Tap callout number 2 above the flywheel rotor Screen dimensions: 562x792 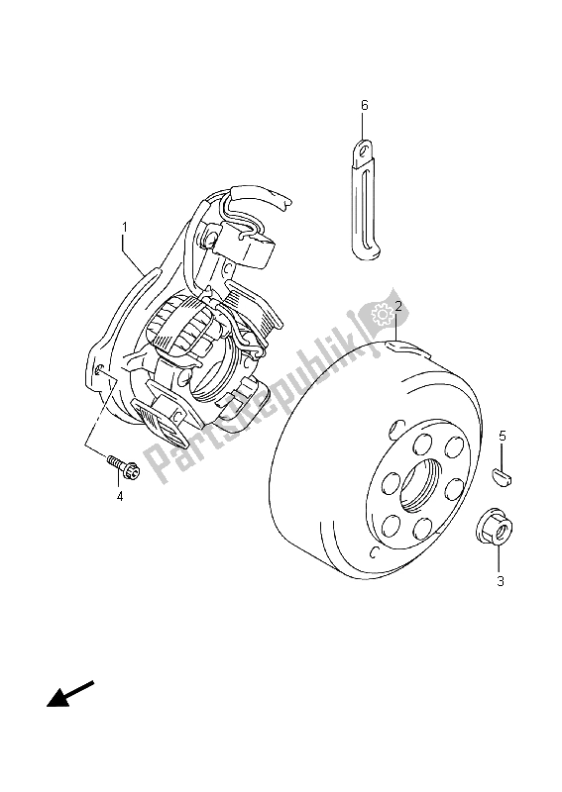click(x=398, y=306)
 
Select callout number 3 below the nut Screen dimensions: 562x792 click(x=500, y=581)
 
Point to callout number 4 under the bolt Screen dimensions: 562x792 click(x=120, y=497)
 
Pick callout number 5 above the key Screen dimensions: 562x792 click(x=502, y=436)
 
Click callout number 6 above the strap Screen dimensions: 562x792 click(x=365, y=105)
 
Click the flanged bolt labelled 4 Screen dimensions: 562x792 click(x=123, y=466)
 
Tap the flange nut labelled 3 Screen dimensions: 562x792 click(x=495, y=529)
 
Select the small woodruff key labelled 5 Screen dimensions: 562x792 click(x=502, y=475)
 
